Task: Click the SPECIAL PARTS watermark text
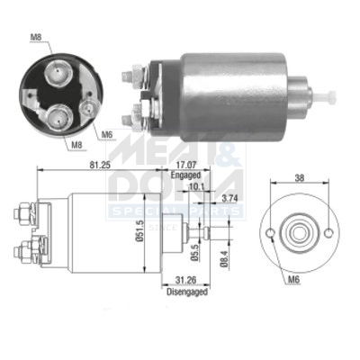(x=175, y=210)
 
